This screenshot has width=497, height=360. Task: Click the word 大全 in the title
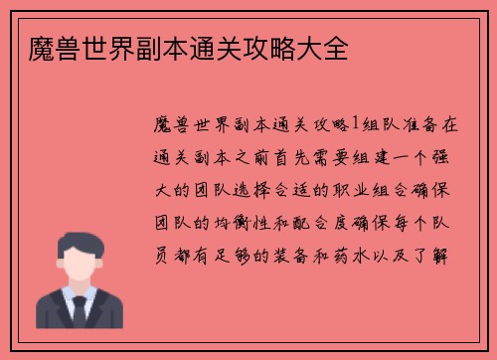[325, 47]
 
